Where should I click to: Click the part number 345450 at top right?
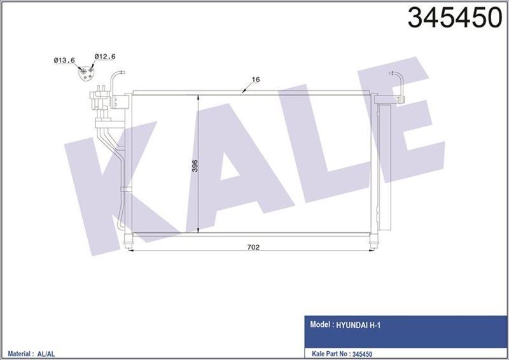tap(454, 19)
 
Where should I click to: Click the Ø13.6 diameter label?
tap(64, 60)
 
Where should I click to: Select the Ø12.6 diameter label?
tap(104, 57)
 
